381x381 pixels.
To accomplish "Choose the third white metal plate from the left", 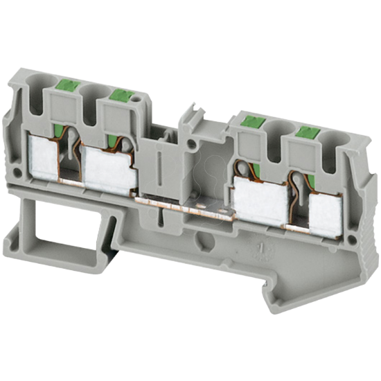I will (x=260, y=196).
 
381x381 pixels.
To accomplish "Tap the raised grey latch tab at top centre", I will (x=192, y=118).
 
